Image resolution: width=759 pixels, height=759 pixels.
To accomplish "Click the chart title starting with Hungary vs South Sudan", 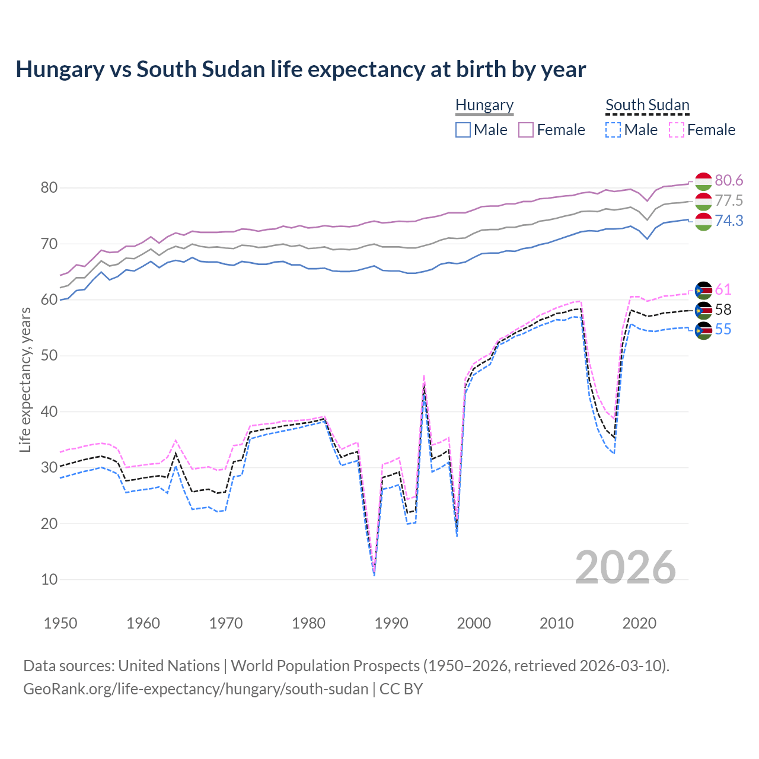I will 301,69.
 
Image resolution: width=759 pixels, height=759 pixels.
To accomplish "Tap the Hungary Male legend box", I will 463,130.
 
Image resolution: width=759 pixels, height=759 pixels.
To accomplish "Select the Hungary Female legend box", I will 526,130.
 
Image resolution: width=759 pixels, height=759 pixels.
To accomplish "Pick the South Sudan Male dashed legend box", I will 613,130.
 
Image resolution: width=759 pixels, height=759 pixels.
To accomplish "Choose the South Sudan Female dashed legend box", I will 677,130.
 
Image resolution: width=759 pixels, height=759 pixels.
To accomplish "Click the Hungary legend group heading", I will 484,105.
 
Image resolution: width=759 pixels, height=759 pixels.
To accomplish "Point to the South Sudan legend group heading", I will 647,105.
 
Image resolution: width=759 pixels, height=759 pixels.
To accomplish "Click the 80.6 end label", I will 729,180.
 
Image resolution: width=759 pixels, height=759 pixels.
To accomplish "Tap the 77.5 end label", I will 729,200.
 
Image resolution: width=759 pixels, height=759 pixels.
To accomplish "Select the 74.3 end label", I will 729,221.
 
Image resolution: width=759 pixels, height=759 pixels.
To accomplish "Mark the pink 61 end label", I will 723,289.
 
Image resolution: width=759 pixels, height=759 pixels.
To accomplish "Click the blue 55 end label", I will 723,329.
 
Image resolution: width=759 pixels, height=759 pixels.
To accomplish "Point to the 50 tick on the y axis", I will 49,356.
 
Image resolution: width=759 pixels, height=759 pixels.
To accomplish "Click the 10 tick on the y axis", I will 49,579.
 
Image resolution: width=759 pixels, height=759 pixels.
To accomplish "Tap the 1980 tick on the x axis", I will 308,623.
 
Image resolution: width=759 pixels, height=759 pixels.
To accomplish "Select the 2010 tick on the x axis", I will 556,623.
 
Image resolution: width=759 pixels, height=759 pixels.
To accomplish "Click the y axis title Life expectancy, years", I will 25,379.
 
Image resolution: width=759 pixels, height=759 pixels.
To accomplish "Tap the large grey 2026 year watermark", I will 626,567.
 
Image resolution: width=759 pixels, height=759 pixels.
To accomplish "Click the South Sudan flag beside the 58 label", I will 703,310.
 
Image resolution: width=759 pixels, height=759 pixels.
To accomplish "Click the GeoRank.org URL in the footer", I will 196,688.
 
